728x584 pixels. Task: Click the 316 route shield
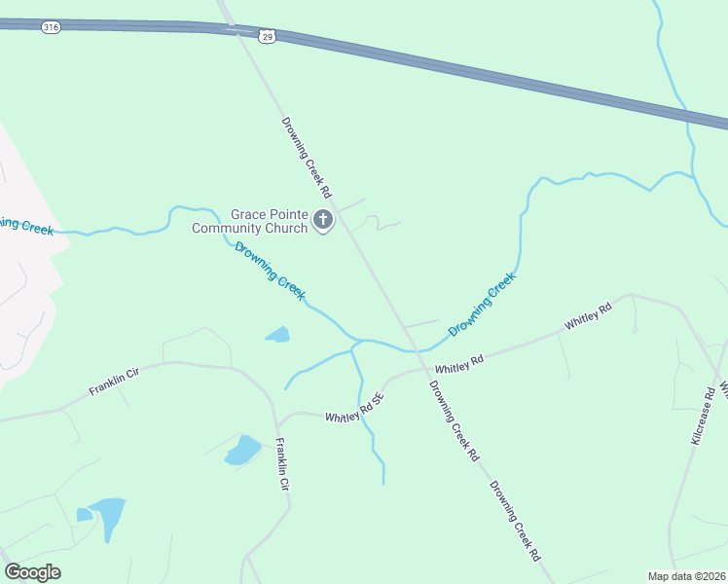tap(51, 28)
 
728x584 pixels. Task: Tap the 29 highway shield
tap(268, 36)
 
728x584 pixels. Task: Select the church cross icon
tap(324, 222)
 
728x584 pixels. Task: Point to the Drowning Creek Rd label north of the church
tap(307, 157)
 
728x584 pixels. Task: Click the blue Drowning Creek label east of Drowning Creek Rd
tap(482, 305)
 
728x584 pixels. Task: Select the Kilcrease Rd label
tap(704, 415)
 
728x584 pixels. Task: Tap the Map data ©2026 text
tap(686, 576)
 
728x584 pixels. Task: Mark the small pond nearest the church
tap(278, 335)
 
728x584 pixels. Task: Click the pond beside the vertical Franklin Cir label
tap(242, 450)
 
